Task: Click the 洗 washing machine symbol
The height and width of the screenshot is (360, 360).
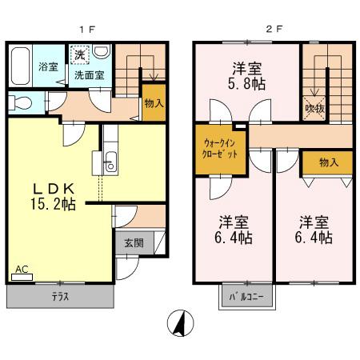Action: (79, 55)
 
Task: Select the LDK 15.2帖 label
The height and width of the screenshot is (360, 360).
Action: (53, 197)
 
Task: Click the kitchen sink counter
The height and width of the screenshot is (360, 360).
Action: (110, 160)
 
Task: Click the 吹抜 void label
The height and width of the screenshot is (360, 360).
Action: (314, 104)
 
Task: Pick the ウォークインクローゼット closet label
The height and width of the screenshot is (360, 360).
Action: (219, 148)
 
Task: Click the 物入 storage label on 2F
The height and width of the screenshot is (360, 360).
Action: (328, 162)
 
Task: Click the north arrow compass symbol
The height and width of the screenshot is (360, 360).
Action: (180, 325)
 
